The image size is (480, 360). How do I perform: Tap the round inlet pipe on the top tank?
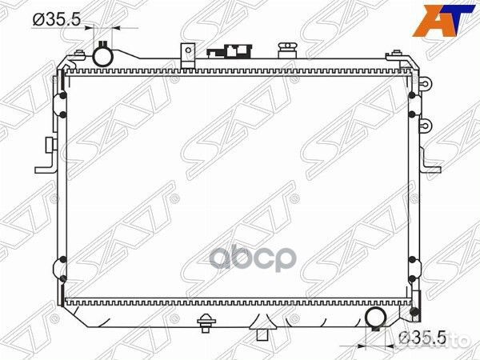click(x=104, y=56)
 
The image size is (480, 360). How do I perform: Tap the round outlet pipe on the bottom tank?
click(x=376, y=318)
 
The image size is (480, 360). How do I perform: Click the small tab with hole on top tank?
click(x=187, y=54)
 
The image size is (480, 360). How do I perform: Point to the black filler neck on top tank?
click(x=227, y=52)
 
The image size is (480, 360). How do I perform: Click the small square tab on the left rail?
click(x=50, y=144)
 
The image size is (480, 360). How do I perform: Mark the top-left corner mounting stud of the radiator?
click(x=79, y=54)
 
